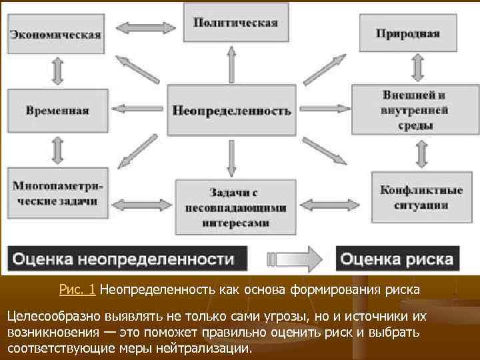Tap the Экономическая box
55,34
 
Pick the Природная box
407,33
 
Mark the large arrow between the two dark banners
293,258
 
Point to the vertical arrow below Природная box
419,67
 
